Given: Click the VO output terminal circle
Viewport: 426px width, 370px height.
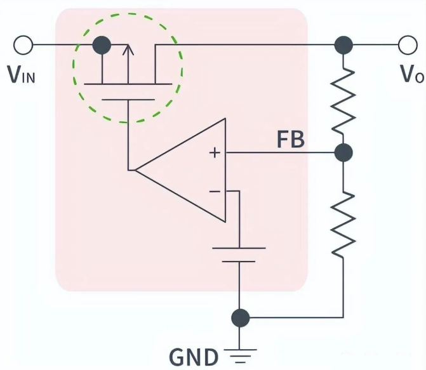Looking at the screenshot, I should pos(406,45).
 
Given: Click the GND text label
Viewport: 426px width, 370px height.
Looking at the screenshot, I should pos(193,356).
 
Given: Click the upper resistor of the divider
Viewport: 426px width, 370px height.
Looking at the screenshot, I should pos(343,98).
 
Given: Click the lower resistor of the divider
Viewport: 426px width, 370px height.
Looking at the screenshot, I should pos(343,216).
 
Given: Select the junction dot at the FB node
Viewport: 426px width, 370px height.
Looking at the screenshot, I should pos(343,153).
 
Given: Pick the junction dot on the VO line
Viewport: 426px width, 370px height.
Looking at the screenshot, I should pos(343,45).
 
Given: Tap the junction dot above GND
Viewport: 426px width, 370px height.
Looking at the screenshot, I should pos(239,317).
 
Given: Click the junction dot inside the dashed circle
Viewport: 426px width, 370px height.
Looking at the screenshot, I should pos(102,45).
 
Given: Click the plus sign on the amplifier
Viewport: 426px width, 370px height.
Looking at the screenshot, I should pos(215,153).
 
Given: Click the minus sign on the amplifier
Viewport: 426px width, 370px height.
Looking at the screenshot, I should pos(215,190).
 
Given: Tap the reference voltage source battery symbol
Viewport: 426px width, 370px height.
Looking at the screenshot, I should pos(239,254).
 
